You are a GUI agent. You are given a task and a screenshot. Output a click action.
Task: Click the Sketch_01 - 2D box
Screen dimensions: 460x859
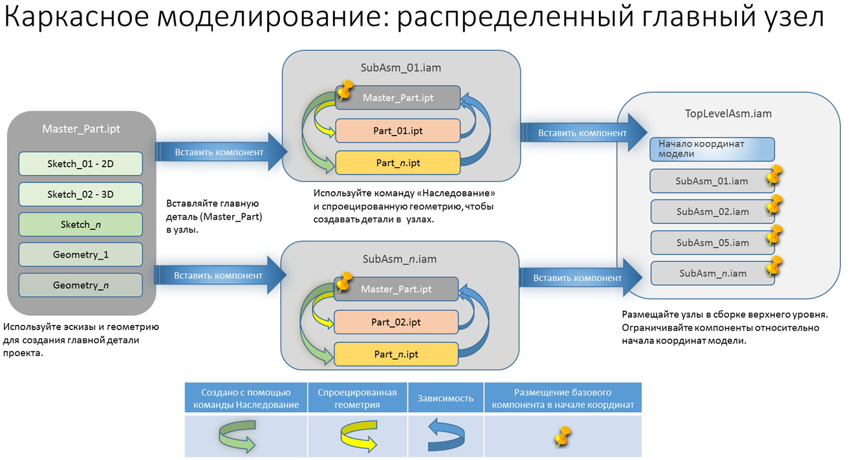[x=80, y=163]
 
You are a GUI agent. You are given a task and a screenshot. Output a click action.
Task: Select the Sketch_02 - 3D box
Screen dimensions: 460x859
[x=80, y=194]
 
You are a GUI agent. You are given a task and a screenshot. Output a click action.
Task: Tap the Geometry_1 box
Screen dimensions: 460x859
[x=80, y=255]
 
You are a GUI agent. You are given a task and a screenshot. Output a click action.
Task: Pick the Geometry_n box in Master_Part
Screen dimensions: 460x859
[x=80, y=285]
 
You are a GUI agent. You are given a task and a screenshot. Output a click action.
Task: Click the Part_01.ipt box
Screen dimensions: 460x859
[x=397, y=131]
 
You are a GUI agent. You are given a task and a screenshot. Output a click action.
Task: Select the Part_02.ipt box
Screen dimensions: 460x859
[x=396, y=322]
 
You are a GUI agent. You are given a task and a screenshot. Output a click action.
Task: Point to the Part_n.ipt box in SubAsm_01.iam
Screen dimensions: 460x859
[x=397, y=163]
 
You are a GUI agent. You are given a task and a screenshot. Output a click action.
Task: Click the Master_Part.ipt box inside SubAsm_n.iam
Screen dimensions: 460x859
[x=396, y=289]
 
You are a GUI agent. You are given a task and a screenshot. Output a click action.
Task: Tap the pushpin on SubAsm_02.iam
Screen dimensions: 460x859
[x=774, y=205]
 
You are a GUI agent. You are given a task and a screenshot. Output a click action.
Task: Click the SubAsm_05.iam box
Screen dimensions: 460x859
[x=712, y=243]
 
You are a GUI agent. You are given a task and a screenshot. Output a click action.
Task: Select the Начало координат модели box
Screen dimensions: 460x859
[x=712, y=149]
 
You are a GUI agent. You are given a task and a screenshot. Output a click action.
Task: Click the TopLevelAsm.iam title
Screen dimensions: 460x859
[x=728, y=114]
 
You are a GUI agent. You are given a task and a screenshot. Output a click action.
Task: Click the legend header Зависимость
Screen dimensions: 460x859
[x=446, y=398]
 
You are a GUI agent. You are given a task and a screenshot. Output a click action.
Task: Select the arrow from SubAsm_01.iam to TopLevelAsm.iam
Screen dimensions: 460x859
[x=582, y=132]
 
